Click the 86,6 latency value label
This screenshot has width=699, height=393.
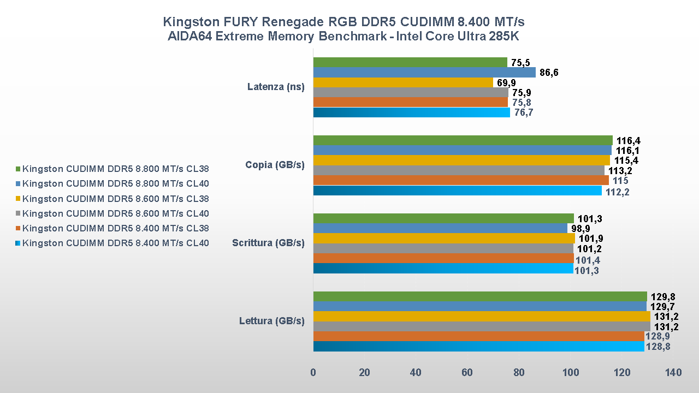(549, 73)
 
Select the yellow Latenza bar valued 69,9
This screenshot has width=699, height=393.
(403, 82)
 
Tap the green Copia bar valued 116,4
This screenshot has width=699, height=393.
(463, 140)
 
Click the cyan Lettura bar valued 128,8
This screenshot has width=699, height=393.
(478, 347)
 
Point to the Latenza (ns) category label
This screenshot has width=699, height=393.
(276, 87)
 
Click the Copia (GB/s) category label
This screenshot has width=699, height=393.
(275, 165)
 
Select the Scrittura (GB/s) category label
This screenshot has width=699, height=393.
(268, 243)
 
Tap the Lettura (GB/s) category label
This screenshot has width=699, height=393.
(271, 321)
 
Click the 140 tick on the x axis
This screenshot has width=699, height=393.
(673, 373)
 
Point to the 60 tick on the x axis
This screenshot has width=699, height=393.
(467, 373)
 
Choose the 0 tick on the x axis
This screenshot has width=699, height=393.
(313, 373)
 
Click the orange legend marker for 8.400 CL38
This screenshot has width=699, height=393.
(18, 229)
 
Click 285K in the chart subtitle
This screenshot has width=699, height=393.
(506, 37)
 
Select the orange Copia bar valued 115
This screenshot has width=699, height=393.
(461, 180)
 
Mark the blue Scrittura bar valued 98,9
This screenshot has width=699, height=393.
(440, 228)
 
